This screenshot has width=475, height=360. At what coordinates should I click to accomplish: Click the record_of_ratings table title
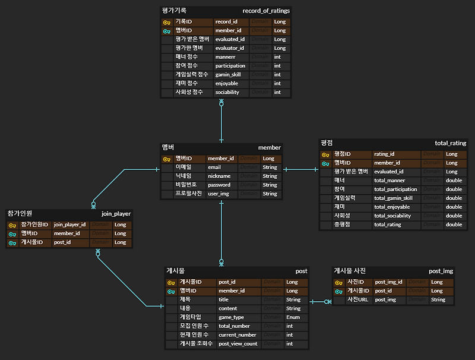[266, 11]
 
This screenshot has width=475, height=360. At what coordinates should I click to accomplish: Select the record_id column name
[226, 22]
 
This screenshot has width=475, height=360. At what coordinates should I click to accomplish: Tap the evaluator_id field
[230, 48]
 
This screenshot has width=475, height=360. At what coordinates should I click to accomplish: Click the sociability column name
[227, 93]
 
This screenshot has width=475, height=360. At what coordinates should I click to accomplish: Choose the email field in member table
[214, 168]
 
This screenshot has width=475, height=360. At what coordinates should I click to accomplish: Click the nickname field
[218, 176]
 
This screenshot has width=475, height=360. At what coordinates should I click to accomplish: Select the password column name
[218, 185]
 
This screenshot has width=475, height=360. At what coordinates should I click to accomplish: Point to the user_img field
[218, 194]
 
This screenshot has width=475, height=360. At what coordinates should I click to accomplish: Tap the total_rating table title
[451, 143]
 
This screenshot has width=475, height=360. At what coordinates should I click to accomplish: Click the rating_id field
[384, 154]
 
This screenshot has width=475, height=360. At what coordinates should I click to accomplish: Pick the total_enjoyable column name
[392, 207]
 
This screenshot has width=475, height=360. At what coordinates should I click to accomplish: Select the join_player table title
[116, 214]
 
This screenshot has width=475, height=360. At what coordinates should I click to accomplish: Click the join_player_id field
[70, 225]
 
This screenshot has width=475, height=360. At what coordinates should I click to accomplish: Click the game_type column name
[232, 317]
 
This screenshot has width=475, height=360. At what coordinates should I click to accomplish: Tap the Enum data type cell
[293, 317]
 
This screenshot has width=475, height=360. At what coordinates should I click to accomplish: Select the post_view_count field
[238, 344]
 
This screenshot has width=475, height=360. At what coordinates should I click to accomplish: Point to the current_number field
[237, 335]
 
